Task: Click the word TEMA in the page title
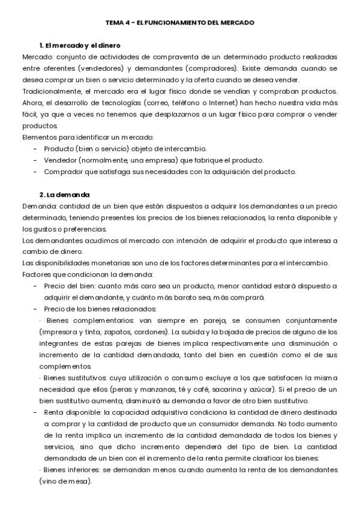[x=114, y=22]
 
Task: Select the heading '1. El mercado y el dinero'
[x=79, y=46]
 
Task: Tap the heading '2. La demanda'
[x=64, y=194]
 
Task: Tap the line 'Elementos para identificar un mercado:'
[x=87, y=137]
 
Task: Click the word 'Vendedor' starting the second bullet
[x=59, y=160]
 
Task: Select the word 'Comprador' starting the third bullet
[x=62, y=172]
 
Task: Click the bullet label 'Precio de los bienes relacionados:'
[x=100, y=309]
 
